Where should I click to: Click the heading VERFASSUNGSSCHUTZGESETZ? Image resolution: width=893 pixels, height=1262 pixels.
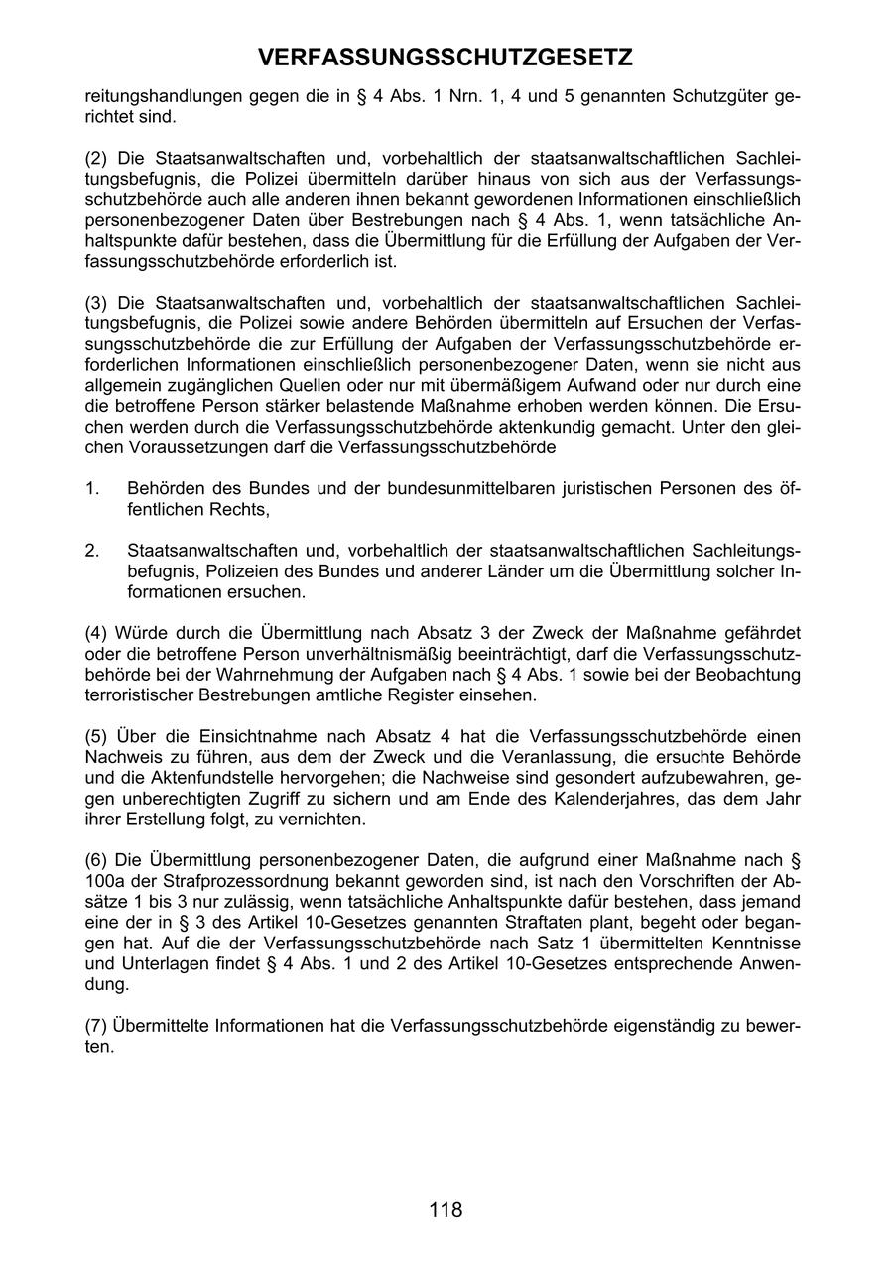pyautogui.click(x=446, y=59)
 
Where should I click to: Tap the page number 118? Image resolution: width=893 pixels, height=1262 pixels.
pyautogui.click(x=446, y=1209)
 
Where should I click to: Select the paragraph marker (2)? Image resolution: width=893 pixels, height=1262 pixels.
pyautogui.click(x=96, y=159)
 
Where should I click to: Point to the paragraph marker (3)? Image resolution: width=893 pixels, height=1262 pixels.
pyautogui.click(x=96, y=302)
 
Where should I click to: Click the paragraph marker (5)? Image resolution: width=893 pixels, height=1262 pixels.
pyautogui.click(x=96, y=736)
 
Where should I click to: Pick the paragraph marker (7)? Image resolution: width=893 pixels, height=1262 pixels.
pyautogui.click(x=96, y=1025)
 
